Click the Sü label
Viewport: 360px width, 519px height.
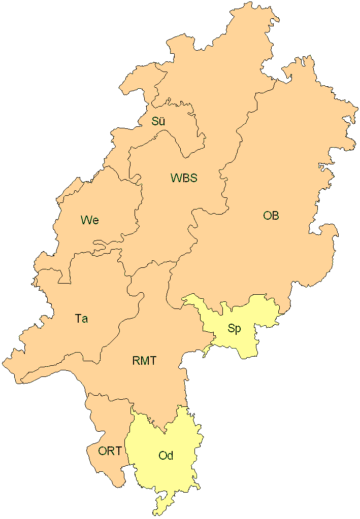pyautogui.click(x=158, y=121)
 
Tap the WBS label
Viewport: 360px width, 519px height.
pyautogui.click(x=183, y=178)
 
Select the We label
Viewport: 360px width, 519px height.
pyautogui.click(x=89, y=220)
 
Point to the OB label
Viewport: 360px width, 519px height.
pyautogui.click(x=271, y=216)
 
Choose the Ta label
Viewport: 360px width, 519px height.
pyautogui.click(x=81, y=319)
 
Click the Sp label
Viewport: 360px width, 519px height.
pyautogui.click(x=234, y=328)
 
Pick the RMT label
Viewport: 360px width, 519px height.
pyautogui.click(x=144, y=361)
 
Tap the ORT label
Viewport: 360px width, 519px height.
pyautogui.click(x=110, y=451)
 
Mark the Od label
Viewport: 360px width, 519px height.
pyautogui.click(x=166, y=456)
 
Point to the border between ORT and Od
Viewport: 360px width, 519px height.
pyautogui.click(x=128, y=446)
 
